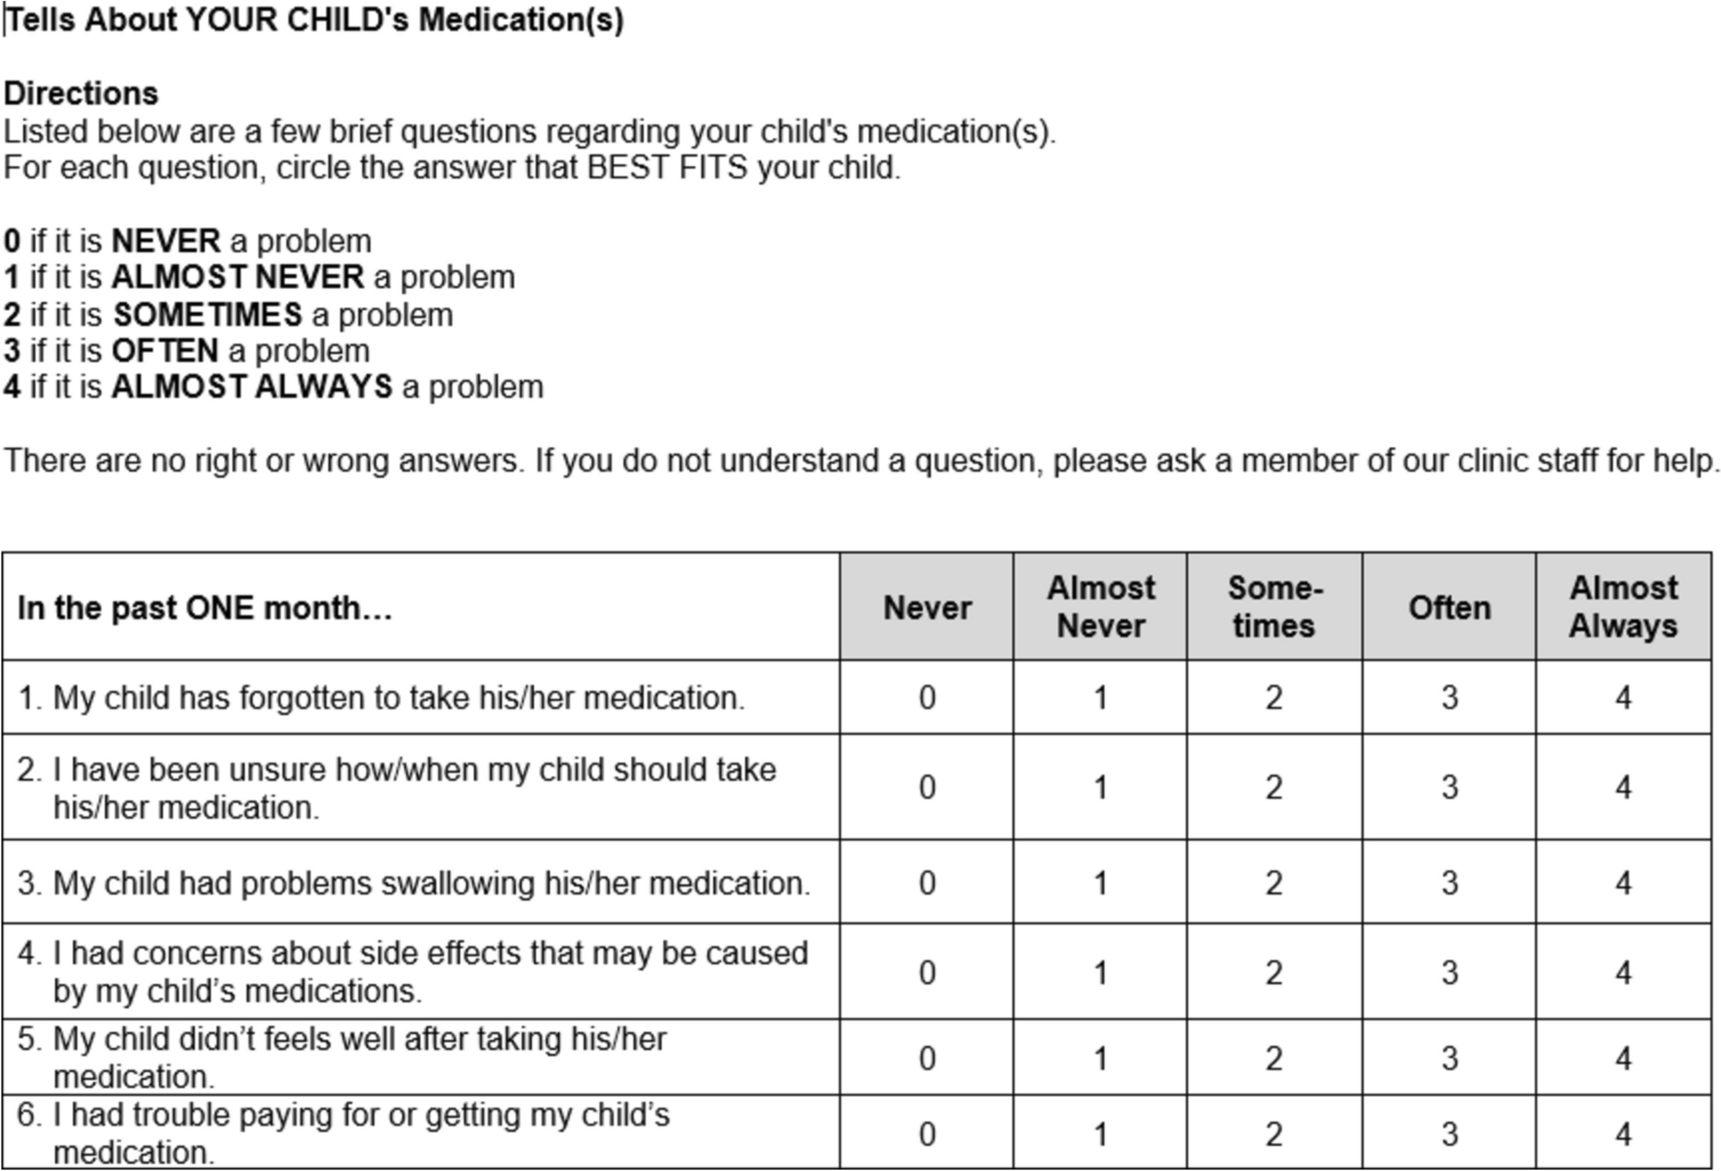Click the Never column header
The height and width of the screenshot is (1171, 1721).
pyautogui.click(x=927, y=608)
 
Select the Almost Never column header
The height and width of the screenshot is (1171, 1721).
pyautogui.click(x=1101, y=607)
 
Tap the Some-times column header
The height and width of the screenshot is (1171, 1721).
pyautogui.click(x=1274, y=607)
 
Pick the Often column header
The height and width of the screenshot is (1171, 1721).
pyautogui.click(x=1449, y=608)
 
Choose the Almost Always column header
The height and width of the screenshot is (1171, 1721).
pyautogui.click(x=1623, y=607)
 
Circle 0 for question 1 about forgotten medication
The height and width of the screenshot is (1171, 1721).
pyautogui.click(x=927, y=698)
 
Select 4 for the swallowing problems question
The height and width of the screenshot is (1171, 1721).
pyautogui.click(x=1623, y=883)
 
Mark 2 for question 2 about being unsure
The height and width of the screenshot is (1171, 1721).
pyautogui.click(x=1274, y=788)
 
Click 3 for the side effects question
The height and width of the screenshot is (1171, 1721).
pyautogui.click(x=1449, y=972)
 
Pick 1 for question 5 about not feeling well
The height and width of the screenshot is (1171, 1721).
pyautogui.click(x=1101, y=1059)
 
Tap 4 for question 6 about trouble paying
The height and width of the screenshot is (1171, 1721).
pyautogui.click(x=1623, y=1134)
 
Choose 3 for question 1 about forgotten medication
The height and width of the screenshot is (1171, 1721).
pyautogui.click(x=1449, y=698)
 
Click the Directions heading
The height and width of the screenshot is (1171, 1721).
pyautogui.click(x=81, y=94)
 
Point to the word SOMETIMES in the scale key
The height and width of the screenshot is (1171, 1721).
pyautogui.click(x=208, y=315)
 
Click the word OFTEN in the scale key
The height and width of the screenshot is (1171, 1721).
pyautogui.click(x=165, y=351)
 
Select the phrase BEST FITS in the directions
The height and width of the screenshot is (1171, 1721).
pyautogui.click(x=667, y=168)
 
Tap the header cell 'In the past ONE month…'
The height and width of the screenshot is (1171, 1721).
pyautogui.click(x=205, y=608)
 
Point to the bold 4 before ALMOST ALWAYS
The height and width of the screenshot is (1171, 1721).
pyautogui.click(x=12, y=388)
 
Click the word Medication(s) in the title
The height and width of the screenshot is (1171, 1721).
pyautogui.click(x=521, y=20)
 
